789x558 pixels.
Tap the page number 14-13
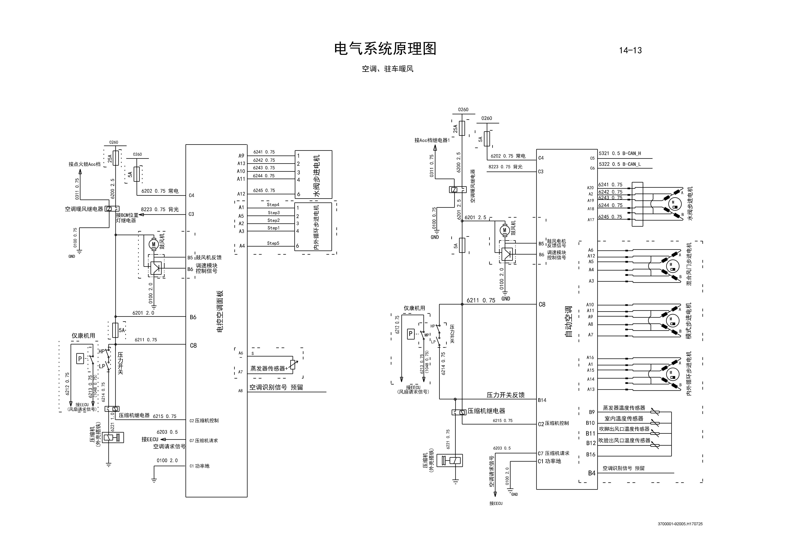(630, 50)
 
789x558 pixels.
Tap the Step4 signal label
(273, 205)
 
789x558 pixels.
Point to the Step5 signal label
(273, 243)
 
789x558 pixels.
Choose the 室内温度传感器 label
(624, 419)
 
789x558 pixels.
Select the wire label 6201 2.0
(143, 313)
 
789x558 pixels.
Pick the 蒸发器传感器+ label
(269, 368)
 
